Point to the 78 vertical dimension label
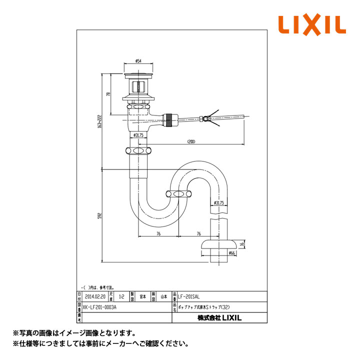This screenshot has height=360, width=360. point(108,94)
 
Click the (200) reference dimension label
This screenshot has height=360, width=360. point(191,142)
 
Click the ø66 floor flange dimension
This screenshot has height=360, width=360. point(231,253)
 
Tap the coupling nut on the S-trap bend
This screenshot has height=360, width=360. point(177,194)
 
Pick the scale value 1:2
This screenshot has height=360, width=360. point(122,296)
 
